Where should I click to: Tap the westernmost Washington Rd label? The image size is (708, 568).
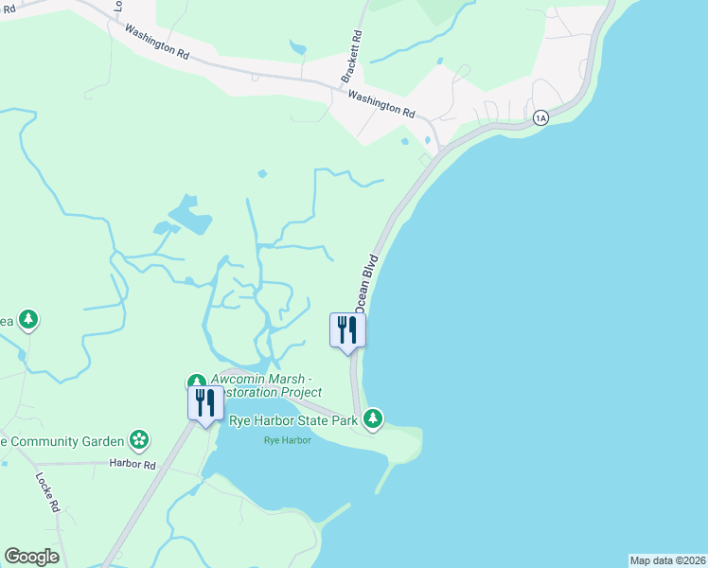click(x=155, y=37)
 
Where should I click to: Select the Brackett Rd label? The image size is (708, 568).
click(x=350, y=56)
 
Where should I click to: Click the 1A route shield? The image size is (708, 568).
click(x=540, y=117)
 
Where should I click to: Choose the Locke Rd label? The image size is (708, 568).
click(x=48, y=492)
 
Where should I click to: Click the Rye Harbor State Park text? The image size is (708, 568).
click(x=293, y=419)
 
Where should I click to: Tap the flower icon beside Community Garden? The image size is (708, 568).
click(x=139, y=439)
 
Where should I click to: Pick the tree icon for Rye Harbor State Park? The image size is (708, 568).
click(x=374, y=417)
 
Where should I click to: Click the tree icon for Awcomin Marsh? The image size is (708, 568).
click(x=196, y=381)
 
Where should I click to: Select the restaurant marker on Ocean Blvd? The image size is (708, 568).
click(x=347, y=330)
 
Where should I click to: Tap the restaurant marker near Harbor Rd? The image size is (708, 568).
click(x=204, y=404)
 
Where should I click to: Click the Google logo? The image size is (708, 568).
click(x=31, y=556)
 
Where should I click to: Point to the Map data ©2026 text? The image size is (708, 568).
click(x=667, y=560)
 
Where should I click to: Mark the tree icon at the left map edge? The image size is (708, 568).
click(x=29, y=320)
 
